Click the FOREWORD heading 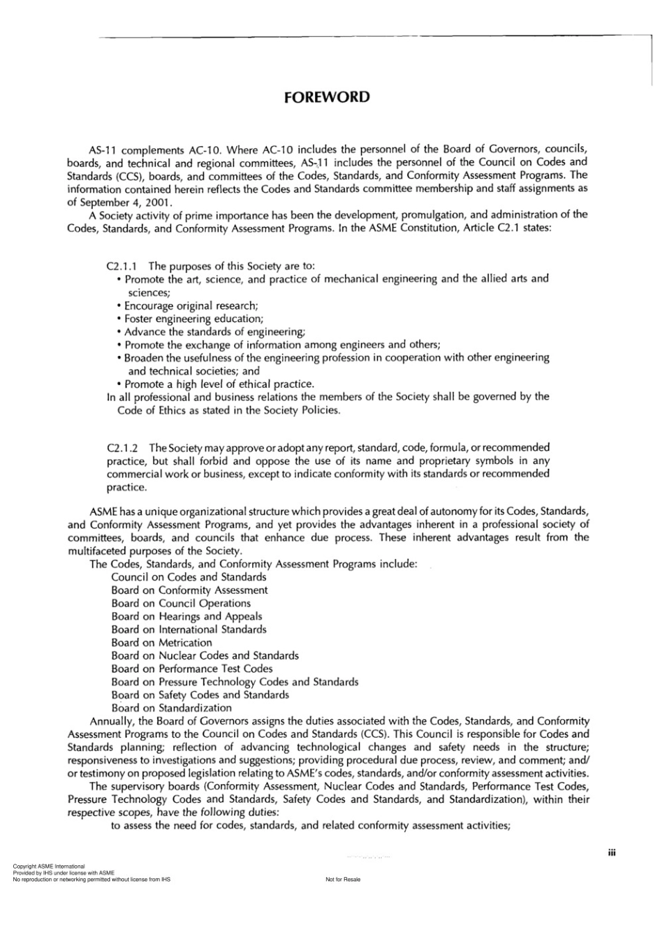[327, 97]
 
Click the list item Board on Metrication [161, 643]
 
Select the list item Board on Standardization [171, 708]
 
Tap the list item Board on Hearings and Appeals [186, 617]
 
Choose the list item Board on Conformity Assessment [189, 590]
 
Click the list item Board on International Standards [188, 630]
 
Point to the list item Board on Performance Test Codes [192, 668]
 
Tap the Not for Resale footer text [343, 880]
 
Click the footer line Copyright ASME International [48, 867]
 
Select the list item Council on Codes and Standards [188, 577]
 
